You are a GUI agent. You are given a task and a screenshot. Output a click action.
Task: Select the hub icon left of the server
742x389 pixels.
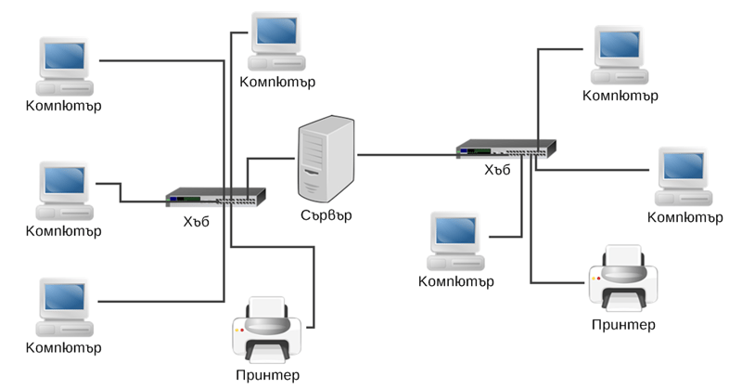pyautogui.click(x=215, y=197)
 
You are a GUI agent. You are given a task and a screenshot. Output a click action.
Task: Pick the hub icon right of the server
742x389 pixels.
pyautogui.click(x=505, y=148)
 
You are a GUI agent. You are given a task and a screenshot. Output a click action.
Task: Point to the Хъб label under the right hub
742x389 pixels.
pyautogui.click(x=498, y=170)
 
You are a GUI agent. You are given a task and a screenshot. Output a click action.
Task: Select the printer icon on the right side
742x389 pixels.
pyautogui.click(x=622, y=279)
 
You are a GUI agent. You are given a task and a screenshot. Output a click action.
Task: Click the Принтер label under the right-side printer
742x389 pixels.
pyautogui.click(x=622, y=324)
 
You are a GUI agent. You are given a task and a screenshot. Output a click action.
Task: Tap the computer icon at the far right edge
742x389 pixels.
pyautogui.click(x=684, y=175)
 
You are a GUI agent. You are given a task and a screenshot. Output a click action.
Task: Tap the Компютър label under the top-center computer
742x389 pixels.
pyautogui.click(x=277, y=82)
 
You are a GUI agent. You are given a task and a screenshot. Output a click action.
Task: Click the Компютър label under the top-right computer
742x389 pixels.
pyautogui.click(x=620, y=95)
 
